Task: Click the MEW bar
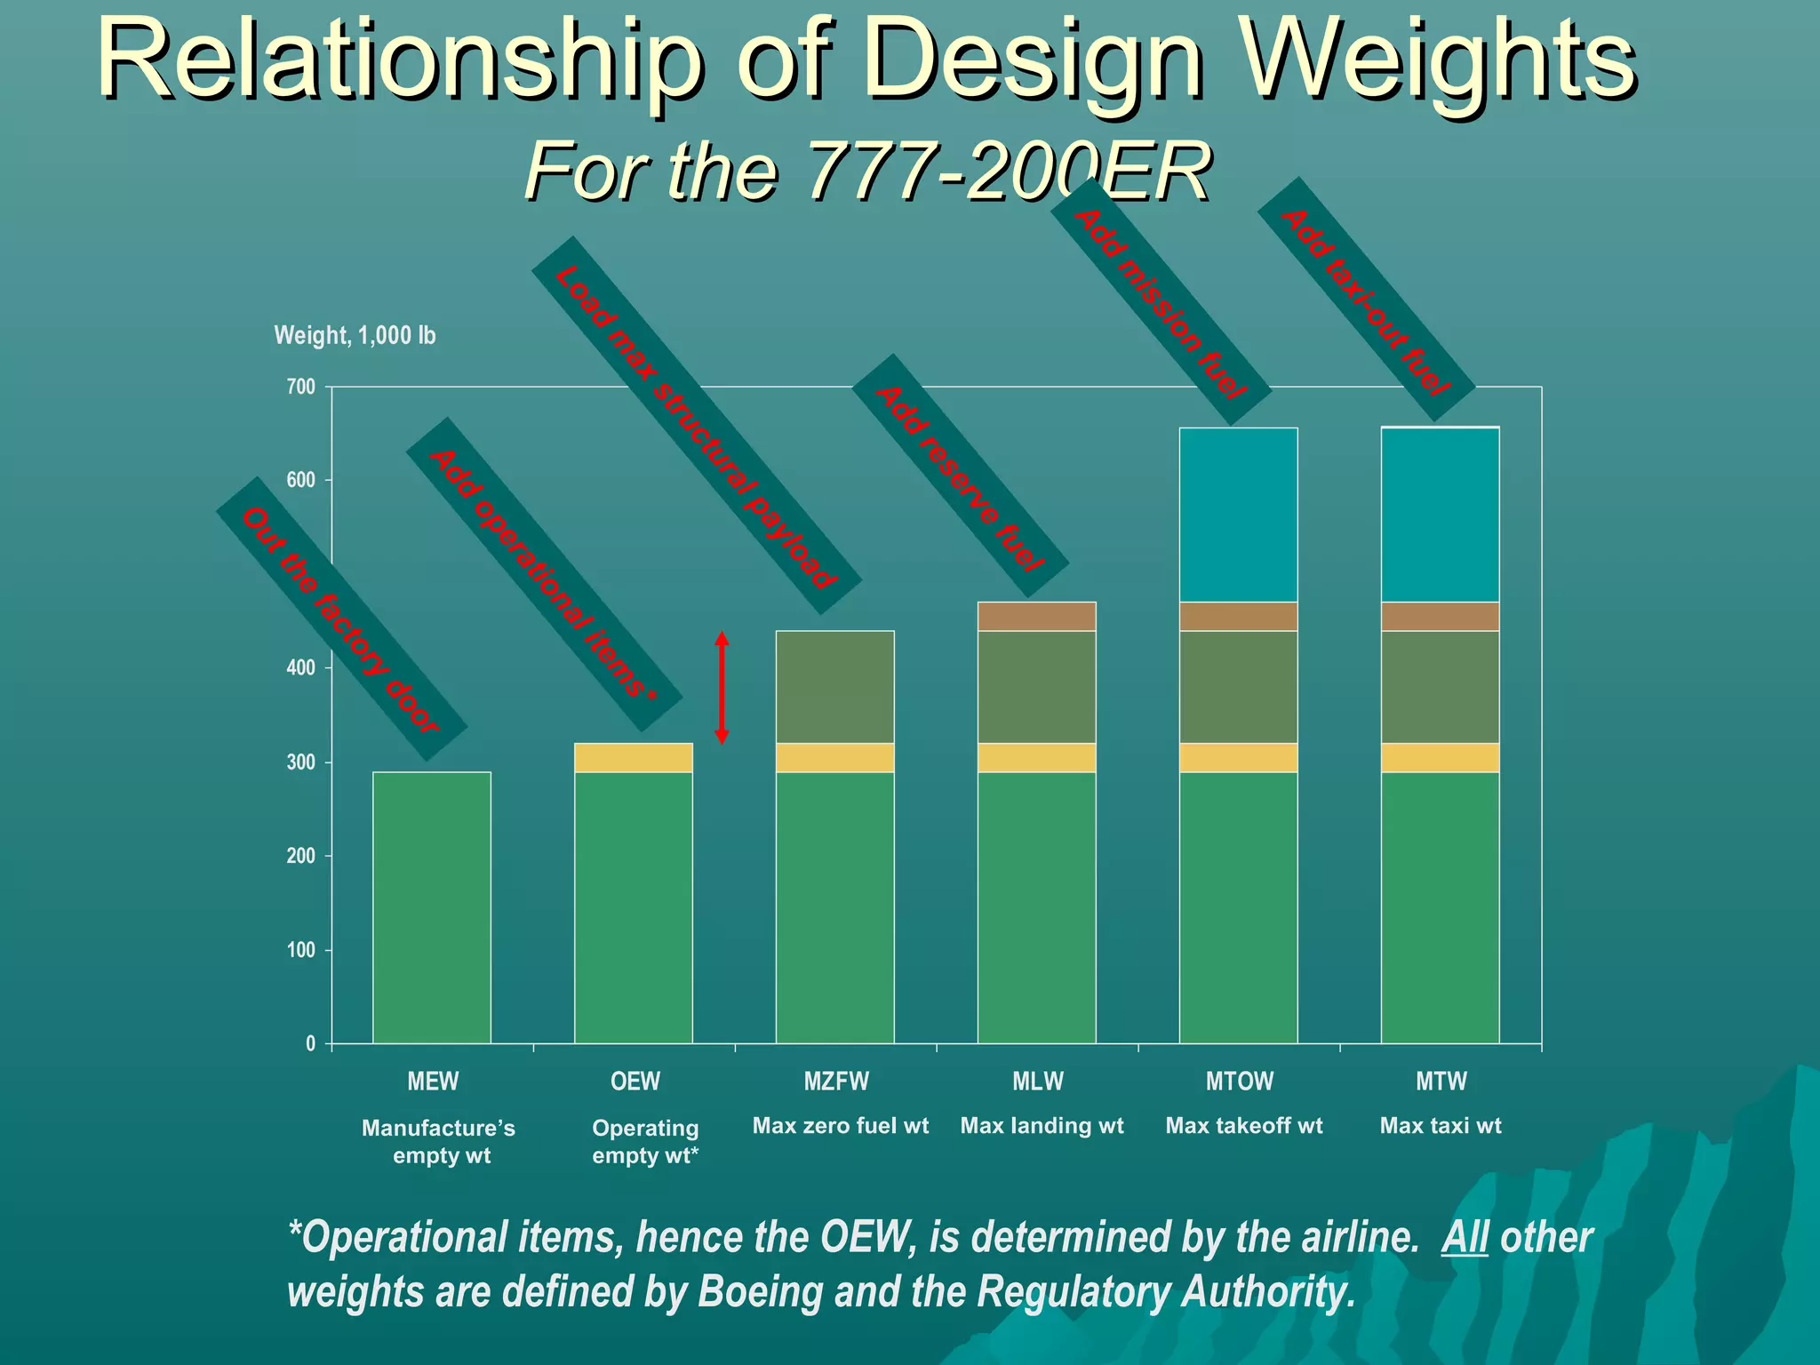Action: point(432,906)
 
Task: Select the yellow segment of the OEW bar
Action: point(634,757)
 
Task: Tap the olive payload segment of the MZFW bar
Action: point(835,686)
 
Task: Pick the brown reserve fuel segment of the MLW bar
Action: point(1036,616)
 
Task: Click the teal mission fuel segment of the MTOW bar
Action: point(1238,515)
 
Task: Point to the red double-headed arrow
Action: point(722,688)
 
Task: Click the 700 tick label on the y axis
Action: point(301,387)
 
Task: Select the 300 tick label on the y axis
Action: point(301,762)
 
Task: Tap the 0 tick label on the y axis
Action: point(310,1043)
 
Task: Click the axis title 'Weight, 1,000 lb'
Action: point(355,335)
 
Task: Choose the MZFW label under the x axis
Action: point(836,1082)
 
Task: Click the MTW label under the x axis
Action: point(1441,1082)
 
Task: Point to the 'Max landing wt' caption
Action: point(1042,1126)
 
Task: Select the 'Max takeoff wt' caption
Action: point(1243,1126)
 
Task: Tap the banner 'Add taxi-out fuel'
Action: point(1366,299)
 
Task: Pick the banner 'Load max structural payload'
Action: point(696,426)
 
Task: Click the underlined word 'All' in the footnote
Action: point(1464,1237)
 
